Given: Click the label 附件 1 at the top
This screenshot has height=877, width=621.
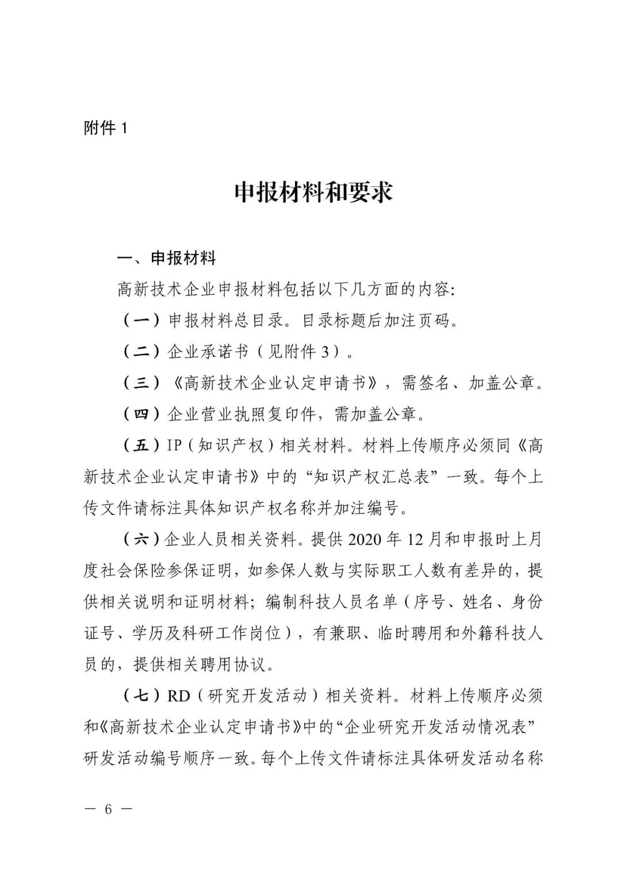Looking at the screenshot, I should [105, 128].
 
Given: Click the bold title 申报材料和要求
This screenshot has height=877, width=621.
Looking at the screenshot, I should [313, 193].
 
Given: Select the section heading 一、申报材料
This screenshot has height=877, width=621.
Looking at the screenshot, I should [167, 259].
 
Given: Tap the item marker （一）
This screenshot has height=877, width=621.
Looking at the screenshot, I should [141, 320].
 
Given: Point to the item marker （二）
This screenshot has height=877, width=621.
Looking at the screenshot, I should [141, 351].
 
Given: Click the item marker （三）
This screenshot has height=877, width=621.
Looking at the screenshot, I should [141, 382].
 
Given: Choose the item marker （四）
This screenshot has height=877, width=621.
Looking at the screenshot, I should [141, 413].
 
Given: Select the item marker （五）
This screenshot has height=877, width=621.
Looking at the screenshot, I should [141, 445].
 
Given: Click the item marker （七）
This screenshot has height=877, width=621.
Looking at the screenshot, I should [141, 696].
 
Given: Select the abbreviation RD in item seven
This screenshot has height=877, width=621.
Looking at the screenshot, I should [178, 696].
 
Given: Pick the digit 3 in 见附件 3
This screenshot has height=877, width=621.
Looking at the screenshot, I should [326, 351].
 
